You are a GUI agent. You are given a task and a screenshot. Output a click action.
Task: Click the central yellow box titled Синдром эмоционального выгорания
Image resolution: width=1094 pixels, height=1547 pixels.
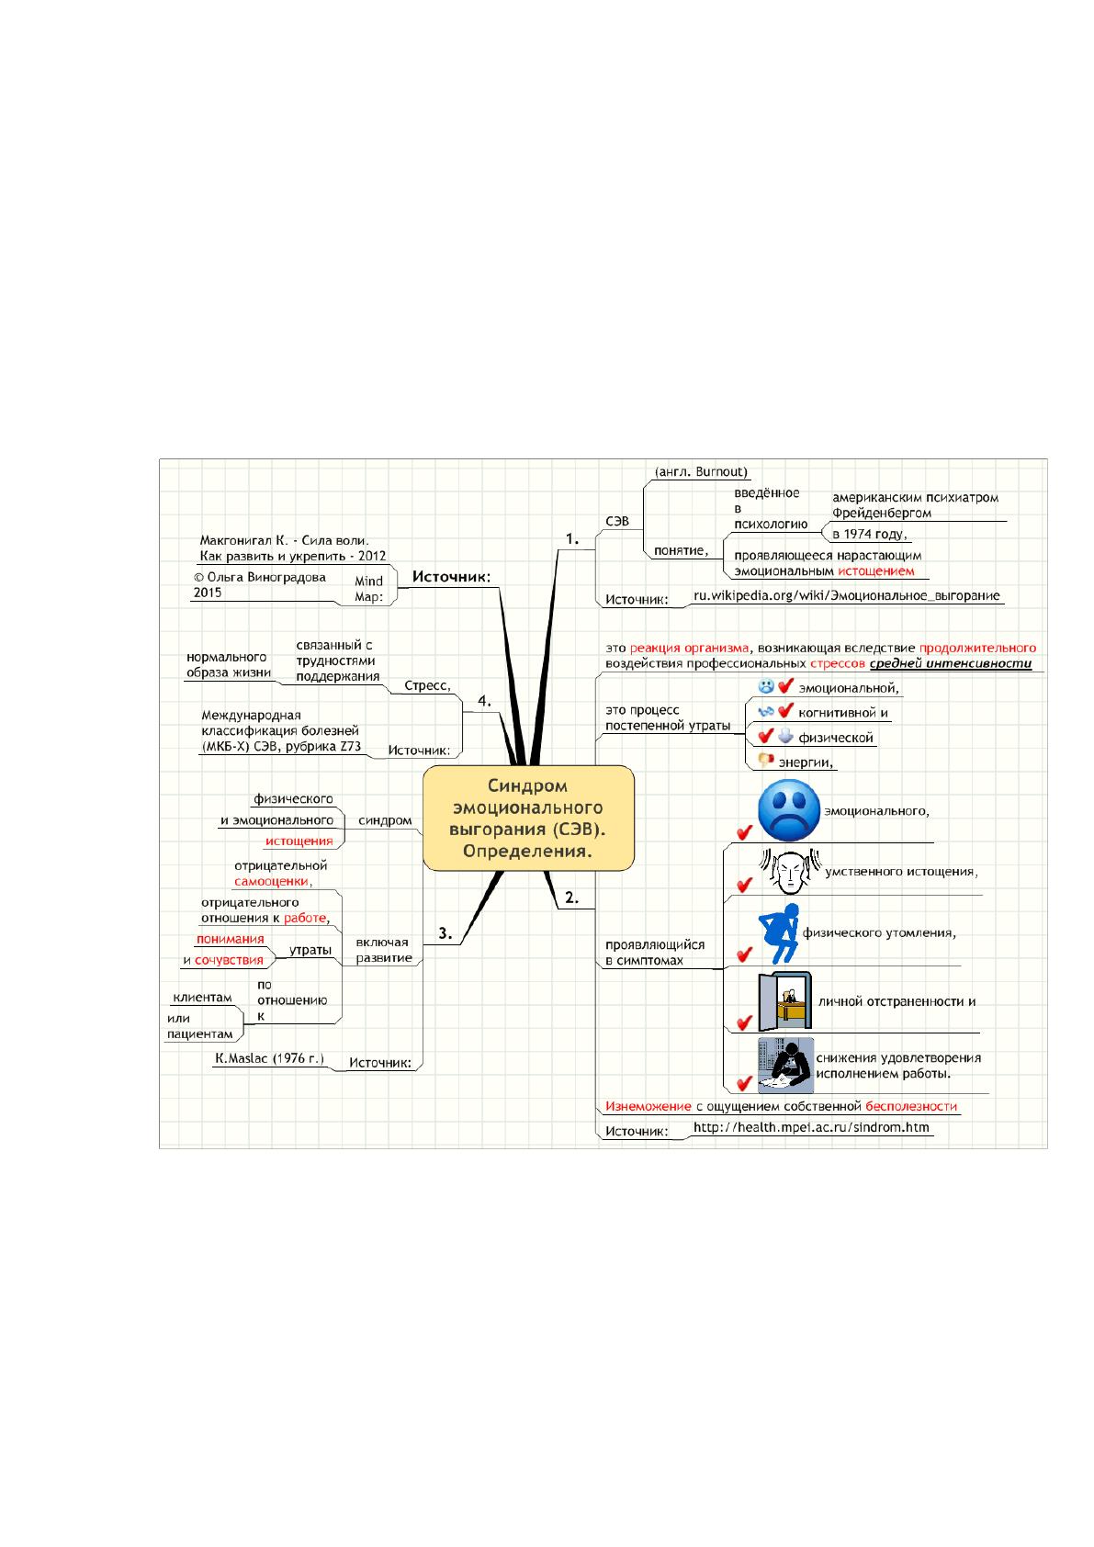(x=528, y=818)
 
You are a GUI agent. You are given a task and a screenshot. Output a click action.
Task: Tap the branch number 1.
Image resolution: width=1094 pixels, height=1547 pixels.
(x=572, y=538)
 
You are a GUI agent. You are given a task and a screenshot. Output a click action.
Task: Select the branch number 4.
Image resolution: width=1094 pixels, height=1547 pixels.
(x=484, y=701)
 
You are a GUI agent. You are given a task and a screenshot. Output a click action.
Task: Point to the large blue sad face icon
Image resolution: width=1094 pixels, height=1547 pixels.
(x=789, y=810)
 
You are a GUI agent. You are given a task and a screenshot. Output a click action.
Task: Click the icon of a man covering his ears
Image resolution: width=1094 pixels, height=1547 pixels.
(x=789, y=872)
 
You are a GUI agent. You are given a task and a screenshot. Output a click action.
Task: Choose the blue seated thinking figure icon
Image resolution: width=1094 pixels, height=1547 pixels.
(x=780, y=933)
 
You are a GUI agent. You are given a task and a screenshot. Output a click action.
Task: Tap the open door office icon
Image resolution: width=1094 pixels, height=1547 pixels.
(x=784, y=1001)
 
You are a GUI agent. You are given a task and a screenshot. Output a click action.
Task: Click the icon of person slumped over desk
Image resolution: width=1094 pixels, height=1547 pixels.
(x=786, y=1065)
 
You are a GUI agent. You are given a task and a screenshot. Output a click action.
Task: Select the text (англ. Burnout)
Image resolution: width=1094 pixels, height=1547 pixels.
(x=701, y=471)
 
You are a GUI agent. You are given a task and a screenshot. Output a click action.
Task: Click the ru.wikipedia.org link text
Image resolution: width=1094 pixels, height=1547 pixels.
(x=847, y=595)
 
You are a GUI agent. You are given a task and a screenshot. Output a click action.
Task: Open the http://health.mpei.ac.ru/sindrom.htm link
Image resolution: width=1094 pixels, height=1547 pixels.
(x=811, y=1127)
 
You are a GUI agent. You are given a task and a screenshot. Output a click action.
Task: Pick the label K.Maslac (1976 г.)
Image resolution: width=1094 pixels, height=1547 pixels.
(x=269, y=1058)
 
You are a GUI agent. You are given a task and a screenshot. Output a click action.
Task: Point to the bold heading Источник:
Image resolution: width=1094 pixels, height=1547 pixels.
(x=451, y=577)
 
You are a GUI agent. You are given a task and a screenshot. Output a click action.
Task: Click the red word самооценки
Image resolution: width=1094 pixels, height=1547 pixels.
(x=271, y=881)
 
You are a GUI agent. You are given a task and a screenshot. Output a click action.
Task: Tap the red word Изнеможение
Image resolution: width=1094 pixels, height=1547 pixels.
(x=648, y=1106)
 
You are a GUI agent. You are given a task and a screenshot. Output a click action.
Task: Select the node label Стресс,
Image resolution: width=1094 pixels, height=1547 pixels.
(x=427, y=685)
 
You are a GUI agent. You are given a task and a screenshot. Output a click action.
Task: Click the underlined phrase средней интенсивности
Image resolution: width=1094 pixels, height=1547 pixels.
(x=951, y=663)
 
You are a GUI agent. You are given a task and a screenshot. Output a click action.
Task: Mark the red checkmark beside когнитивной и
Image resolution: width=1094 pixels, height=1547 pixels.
(x=785, y=711)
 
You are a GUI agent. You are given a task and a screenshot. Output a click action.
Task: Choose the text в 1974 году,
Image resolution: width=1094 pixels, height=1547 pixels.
(x=870, y=534)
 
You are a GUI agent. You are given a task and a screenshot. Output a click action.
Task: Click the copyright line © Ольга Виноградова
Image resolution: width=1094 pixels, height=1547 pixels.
(x=260, y=577)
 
